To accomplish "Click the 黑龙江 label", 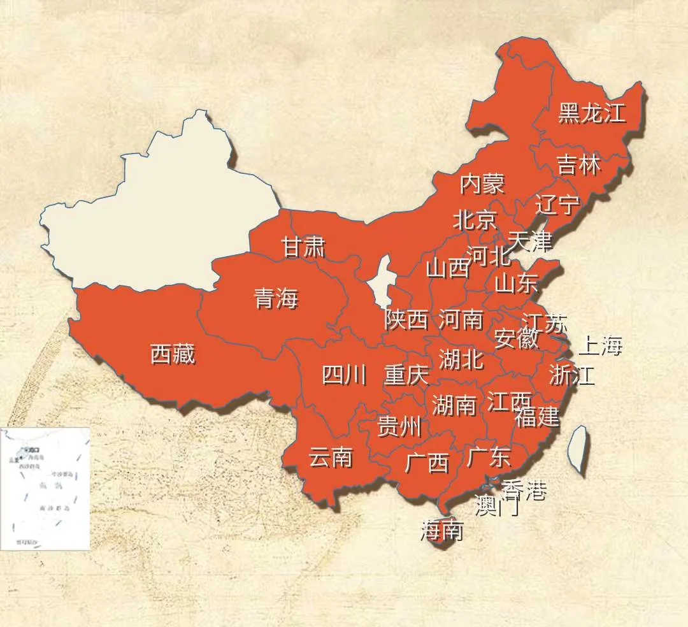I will point(592,113).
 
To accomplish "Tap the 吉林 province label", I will point(578,164).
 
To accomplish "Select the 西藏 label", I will point(173,354).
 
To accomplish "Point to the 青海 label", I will point(276,298).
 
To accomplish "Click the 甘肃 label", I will point(304,247).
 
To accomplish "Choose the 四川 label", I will point(344,376).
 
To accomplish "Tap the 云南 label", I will point(331,457).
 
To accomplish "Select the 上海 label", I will point(599,345).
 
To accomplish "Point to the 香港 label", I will point(524,489).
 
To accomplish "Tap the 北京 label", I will point(475,220).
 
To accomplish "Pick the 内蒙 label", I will point(482,184).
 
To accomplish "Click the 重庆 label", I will point(406,375).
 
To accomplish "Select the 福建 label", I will point(537,417).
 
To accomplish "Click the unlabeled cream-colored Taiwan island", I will point(577,447).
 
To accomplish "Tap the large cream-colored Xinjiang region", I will point(166,210).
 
